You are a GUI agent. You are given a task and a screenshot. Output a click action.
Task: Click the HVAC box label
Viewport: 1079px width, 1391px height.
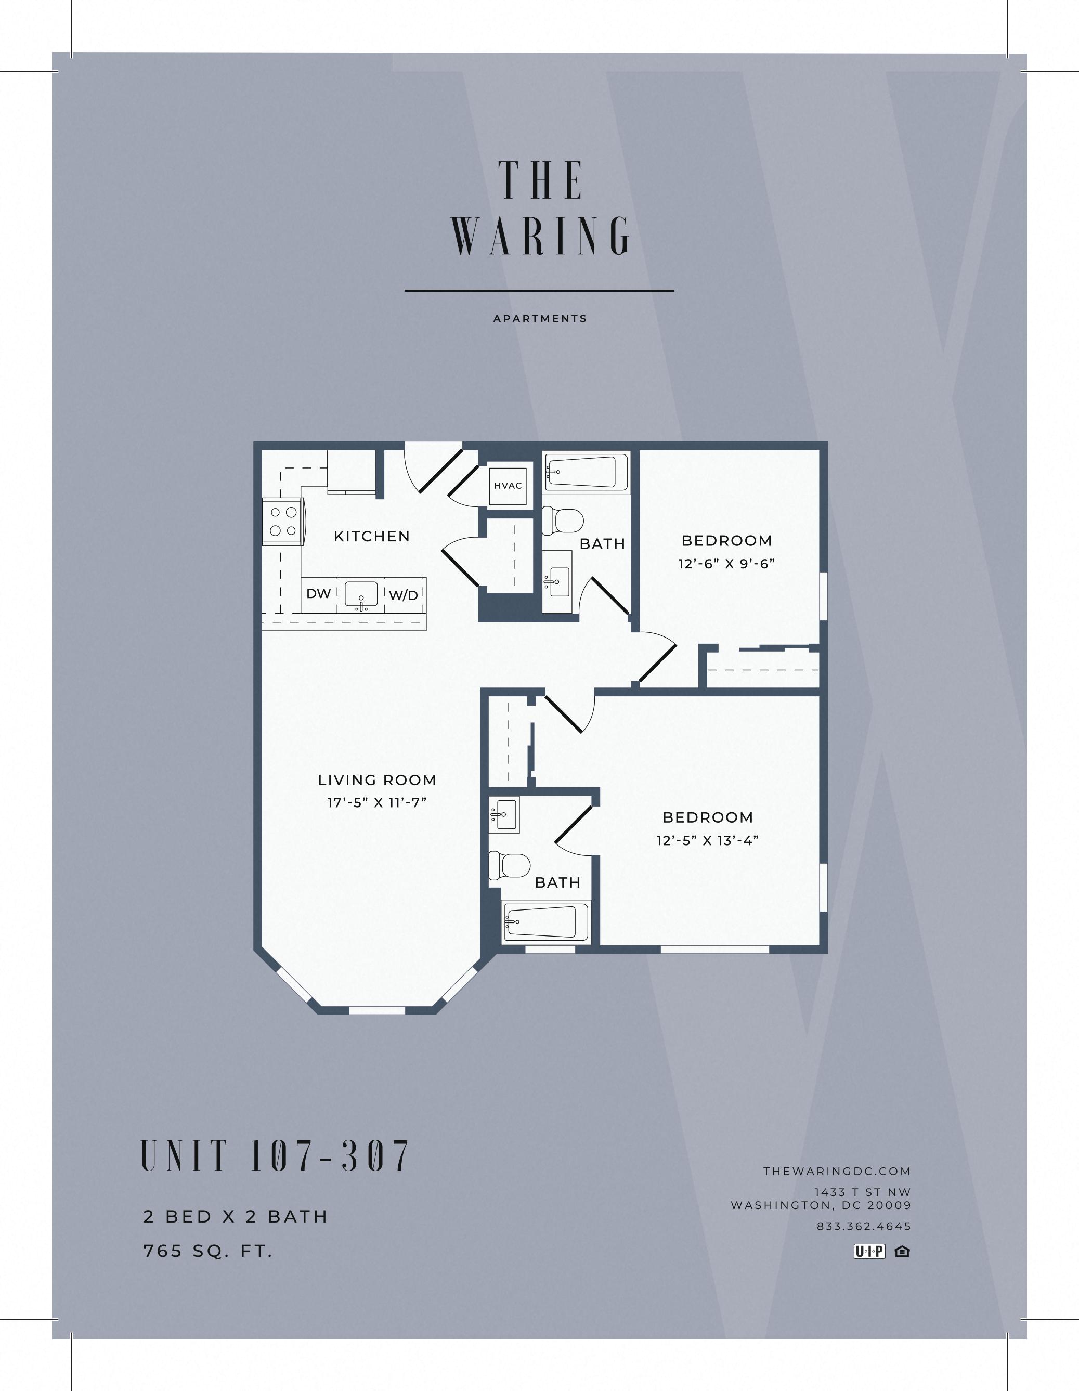[508, 485]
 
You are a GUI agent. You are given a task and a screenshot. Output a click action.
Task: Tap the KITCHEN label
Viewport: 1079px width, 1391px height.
[372, 536]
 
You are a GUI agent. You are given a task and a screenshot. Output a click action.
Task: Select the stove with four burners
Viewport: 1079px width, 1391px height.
[283, 521]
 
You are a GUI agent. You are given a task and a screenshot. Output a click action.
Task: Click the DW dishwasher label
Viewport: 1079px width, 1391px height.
[318, 594]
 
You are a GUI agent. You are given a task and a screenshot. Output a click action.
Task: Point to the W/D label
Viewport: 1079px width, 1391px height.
[403, 595]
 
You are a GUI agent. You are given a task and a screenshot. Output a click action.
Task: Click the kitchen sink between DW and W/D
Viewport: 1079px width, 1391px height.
[361, 595]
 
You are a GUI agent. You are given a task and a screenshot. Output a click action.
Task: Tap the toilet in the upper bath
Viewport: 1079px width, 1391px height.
[563, 519]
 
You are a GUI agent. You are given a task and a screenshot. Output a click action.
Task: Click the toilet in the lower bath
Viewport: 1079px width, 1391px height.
[510, 866]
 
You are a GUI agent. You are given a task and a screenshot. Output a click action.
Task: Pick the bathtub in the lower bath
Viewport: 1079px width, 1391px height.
[547, 921]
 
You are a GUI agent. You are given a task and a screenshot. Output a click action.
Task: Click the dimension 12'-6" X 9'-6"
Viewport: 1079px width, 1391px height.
[726, 564]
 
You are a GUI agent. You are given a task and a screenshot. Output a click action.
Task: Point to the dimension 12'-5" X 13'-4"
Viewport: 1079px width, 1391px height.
[707, 841]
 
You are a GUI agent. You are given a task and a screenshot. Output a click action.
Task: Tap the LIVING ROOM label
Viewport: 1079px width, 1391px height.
[377, 779]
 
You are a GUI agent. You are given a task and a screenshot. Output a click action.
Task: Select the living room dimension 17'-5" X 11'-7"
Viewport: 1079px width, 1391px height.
[376, 802]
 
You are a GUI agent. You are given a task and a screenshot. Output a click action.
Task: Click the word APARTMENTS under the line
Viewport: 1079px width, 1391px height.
[540, 318]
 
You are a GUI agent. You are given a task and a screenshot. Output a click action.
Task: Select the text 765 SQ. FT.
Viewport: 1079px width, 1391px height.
[209, 1252]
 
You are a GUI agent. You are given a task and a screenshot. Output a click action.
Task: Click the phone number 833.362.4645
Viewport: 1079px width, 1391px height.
[864, 1226]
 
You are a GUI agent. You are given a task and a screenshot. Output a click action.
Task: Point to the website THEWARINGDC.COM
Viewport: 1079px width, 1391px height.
[837, 1171]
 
